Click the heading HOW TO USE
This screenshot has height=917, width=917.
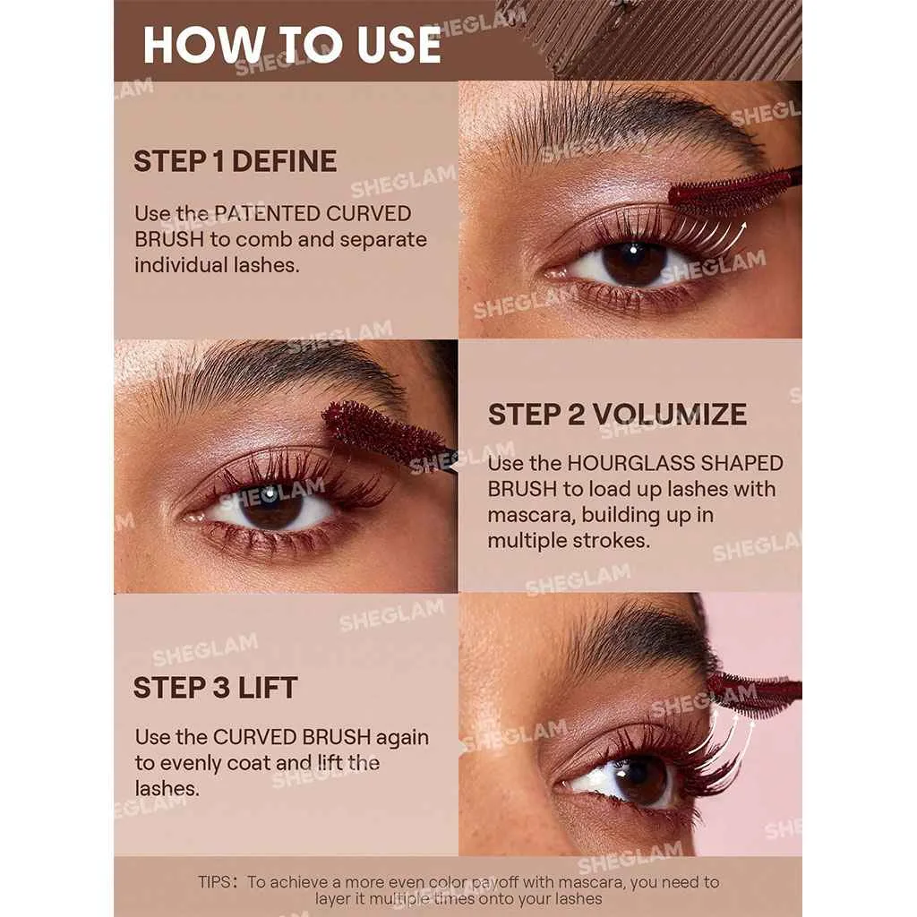coord(292,45)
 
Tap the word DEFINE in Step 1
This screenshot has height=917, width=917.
coord(284,161)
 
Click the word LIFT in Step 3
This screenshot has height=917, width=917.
coord(268,687)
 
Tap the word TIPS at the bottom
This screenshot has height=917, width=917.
coord(214,882)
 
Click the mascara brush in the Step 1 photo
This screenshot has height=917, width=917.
coord(734,191)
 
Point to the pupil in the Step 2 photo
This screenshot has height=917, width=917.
coord(270,503)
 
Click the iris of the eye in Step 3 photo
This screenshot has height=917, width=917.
coord(640,780)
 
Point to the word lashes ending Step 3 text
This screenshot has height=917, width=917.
coord(167,788)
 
